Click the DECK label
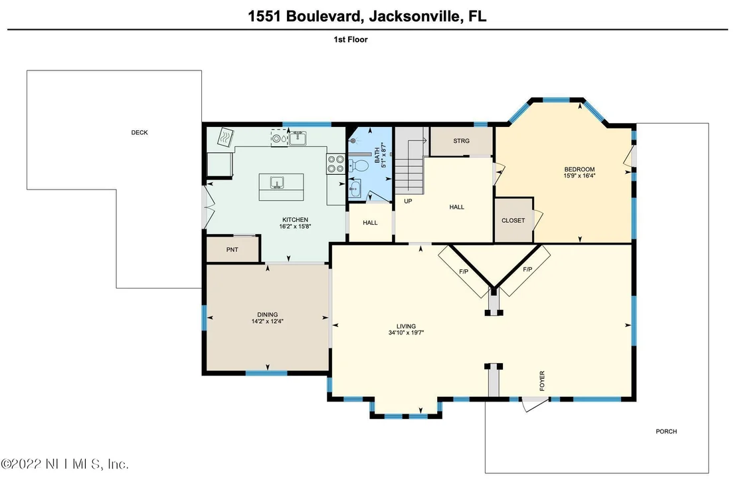[x=139, y=132]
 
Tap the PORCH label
[x=666, y=431]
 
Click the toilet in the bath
[x=359, y=166]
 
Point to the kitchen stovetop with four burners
[x=335, y=164]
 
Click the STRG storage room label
[x=461, y=140]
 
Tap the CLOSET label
[x=513, y=220]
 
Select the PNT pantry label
[x=232, y=249]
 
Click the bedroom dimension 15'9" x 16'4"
[x=579, y=176]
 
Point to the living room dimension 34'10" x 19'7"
[x=406, y=333]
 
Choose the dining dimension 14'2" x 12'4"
[x=267, y=322]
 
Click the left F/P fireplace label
[x=463, y=272]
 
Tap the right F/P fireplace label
[x=527, y=269]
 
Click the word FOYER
[x=542, y=381]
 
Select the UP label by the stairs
[x=408, y=201]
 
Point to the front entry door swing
[x=534, y=404]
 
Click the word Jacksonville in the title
[x=414, y=17]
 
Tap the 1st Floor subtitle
[x=351, y=39]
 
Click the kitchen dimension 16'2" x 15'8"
[x=295, y=227]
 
